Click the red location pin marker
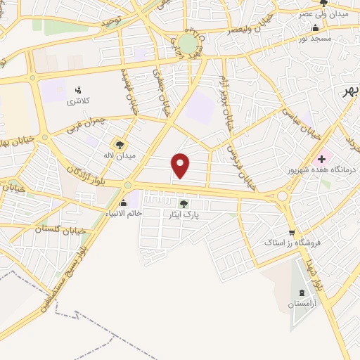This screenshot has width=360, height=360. (x=181, y=165)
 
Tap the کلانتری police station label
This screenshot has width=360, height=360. (x=79, y=102)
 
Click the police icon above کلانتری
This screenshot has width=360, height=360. (x=79, y=89)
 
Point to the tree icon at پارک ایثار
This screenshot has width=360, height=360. (x=184, y=203)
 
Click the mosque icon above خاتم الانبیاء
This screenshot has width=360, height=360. (x=124, y=202)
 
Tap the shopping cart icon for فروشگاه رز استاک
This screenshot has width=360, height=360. (x=291, y=233)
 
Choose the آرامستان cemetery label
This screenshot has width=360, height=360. (x=303, y=304)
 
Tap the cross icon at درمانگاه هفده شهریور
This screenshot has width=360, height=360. (x=321, y=160)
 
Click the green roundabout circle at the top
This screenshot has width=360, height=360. (x=188, y=44)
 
